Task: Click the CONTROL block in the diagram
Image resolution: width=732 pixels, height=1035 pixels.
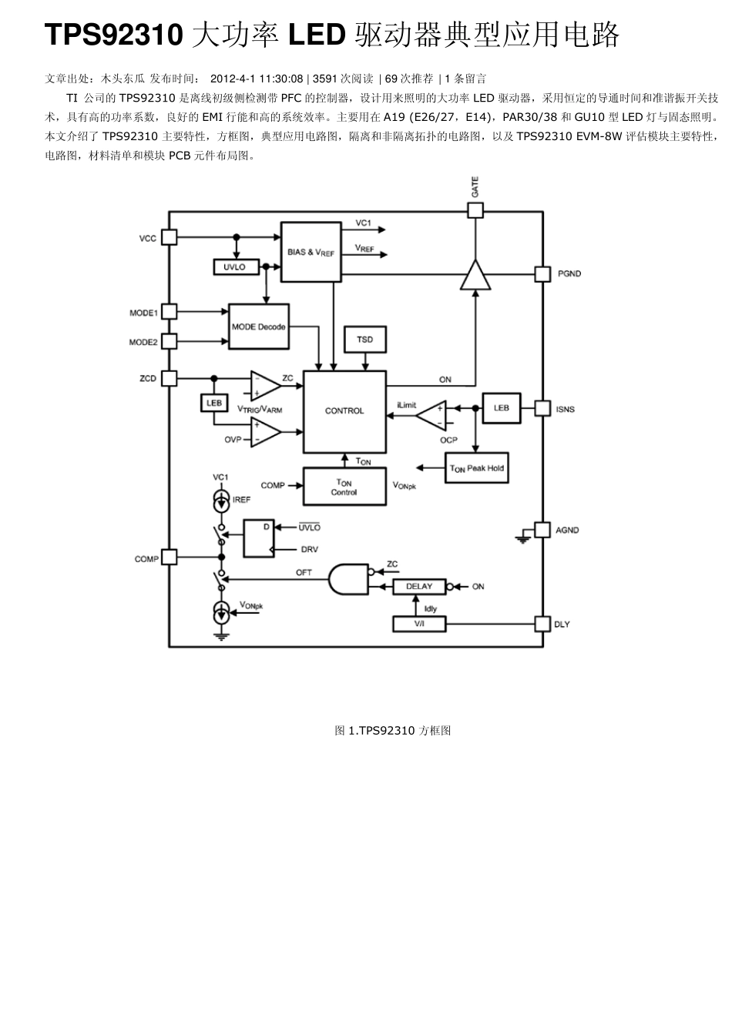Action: pos(344,411)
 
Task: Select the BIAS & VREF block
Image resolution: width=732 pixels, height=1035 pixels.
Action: pos(311,252)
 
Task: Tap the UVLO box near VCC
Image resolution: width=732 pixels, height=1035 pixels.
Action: pos(234,267)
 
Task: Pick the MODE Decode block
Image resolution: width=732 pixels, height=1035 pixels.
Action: pos(258,327)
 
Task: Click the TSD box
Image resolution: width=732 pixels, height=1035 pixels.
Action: pos(364,340)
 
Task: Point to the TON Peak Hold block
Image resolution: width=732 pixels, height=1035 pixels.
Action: pos(477,468)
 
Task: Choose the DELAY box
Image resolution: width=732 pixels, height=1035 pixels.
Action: pos(419,587)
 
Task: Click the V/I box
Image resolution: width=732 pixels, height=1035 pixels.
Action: pos(419,624)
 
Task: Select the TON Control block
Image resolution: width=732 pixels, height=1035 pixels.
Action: pos(344,487)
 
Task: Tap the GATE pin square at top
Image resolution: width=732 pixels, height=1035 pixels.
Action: pos(475,210)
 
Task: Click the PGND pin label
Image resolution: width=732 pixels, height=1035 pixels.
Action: pos(569,274)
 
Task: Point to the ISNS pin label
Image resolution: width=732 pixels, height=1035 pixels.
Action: pos(566,409)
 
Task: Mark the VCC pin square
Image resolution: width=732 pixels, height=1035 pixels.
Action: pos(169,238)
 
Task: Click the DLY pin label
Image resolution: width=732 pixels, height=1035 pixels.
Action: pos(562,624)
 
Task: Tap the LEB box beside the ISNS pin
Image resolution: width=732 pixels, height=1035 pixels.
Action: pos(501,408)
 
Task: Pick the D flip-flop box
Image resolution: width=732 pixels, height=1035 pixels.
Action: pos(258,538)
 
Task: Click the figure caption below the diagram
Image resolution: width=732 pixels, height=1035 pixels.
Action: pos(392,730)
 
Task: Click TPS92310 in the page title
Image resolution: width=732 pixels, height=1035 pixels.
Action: pos(114,35)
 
